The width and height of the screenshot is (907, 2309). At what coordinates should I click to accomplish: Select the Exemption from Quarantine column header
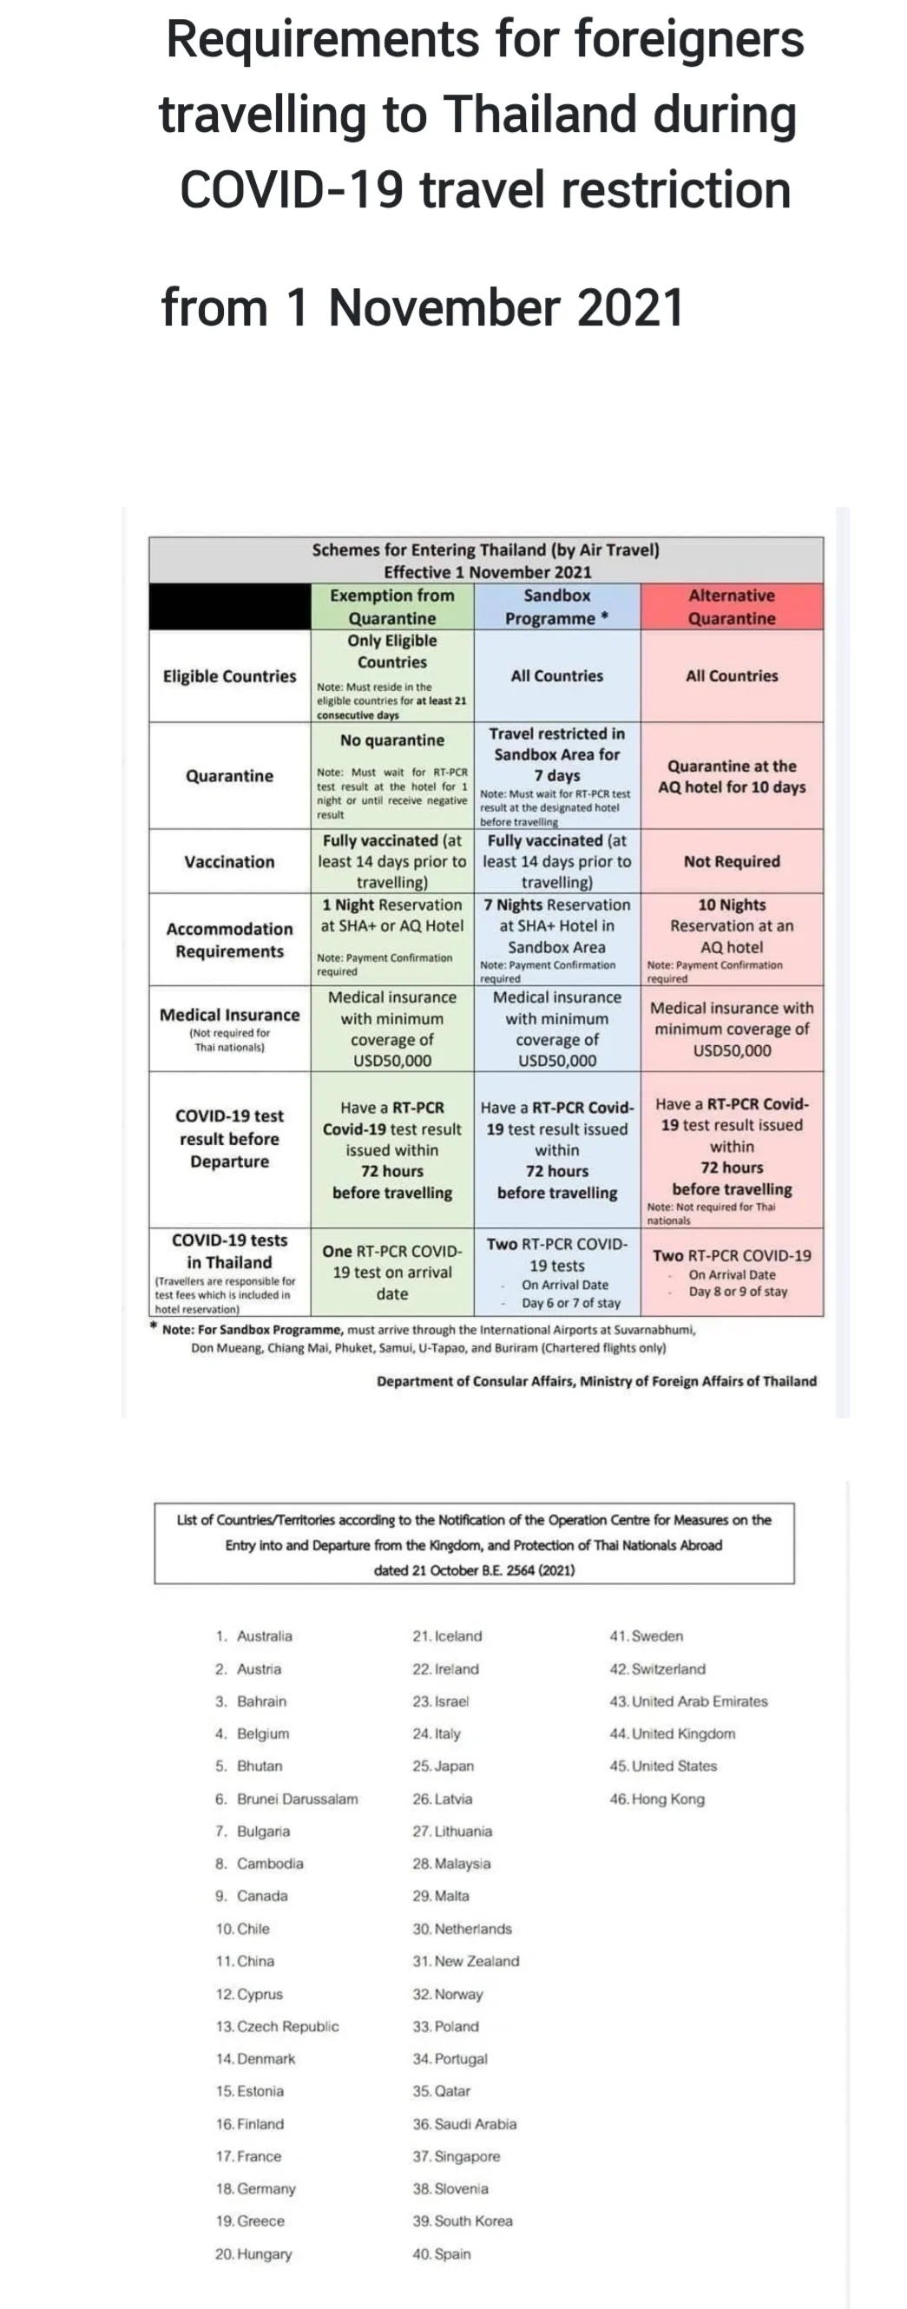pos(391,607)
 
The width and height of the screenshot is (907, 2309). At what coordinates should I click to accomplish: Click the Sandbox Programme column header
pos(556,607)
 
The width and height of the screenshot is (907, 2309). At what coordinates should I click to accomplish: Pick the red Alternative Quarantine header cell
pos(732,607)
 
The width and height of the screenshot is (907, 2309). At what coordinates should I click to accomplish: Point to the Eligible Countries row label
pos(229,676)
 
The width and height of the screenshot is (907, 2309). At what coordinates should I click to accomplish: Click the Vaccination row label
pos(229,861)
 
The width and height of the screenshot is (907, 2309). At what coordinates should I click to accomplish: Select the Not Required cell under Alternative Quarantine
pos(732,861)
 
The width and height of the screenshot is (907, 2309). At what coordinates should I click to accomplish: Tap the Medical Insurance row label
pos(229,1015)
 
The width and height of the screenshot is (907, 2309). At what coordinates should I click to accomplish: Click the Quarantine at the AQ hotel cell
pos(732,776)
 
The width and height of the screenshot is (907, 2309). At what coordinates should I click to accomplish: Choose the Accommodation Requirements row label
pos(229,939)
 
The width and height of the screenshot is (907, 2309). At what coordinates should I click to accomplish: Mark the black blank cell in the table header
pos(229,607)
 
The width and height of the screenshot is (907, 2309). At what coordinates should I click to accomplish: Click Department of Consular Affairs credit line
pos(596,1380)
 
